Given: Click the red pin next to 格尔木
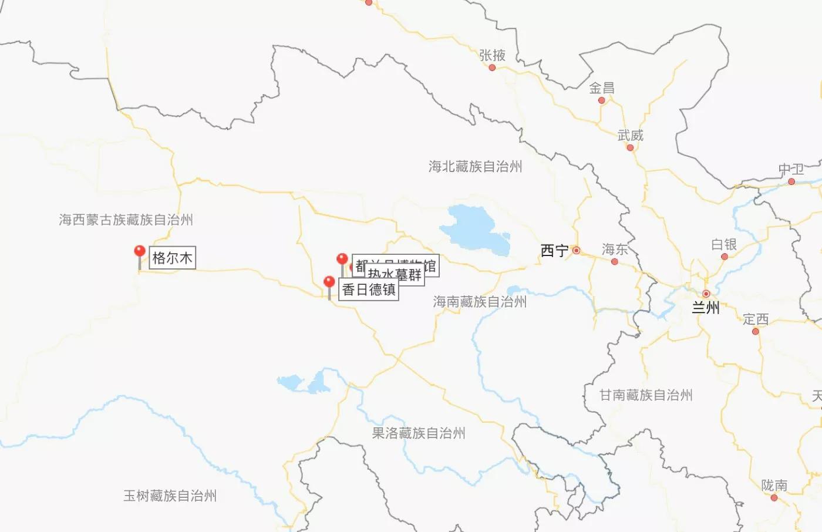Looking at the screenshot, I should point(140,252).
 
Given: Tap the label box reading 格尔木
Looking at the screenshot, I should point(172,258).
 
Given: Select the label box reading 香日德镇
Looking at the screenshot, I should point(369,289).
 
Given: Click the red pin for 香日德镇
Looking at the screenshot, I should point(329,283).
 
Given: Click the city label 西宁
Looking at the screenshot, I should point(554,251).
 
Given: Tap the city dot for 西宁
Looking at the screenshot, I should point(577,251).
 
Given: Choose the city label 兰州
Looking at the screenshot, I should point(705,307).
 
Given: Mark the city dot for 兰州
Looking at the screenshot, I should point(706,294).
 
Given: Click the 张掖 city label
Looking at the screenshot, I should point(492,55).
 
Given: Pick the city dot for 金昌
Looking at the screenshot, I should point(601,100).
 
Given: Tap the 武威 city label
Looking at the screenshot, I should point(630,136).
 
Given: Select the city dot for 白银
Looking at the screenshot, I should point(724,257).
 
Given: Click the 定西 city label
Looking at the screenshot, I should point(755,319).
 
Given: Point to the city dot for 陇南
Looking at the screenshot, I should point(774,498).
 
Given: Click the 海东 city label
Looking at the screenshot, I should point(615,250).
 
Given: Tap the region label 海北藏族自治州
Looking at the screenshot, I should point(475,167).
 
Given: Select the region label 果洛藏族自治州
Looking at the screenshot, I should point(419,433).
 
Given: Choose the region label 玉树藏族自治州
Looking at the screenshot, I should point(170,496).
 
